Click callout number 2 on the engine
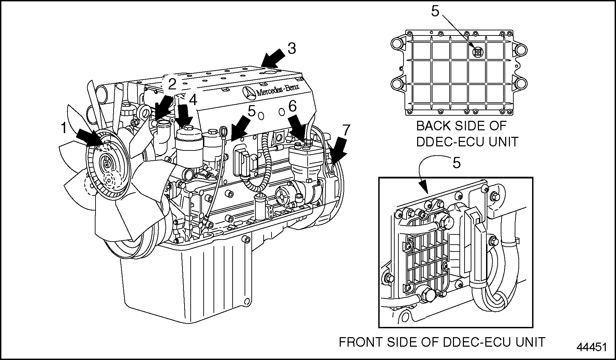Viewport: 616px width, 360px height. tap(172, 84)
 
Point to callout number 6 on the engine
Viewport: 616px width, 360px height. tap(293, 106)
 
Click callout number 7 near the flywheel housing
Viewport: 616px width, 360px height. tap(346, 130)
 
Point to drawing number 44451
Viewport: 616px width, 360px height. tap(592, 347)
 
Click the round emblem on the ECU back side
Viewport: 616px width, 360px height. tap(478, 52)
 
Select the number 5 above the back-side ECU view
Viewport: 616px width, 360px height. tap(435, 12)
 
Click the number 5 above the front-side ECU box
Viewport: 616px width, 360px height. tap(456, 163)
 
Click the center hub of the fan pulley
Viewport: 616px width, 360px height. tap(107, 165)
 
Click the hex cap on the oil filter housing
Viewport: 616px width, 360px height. tap(188, 129)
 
